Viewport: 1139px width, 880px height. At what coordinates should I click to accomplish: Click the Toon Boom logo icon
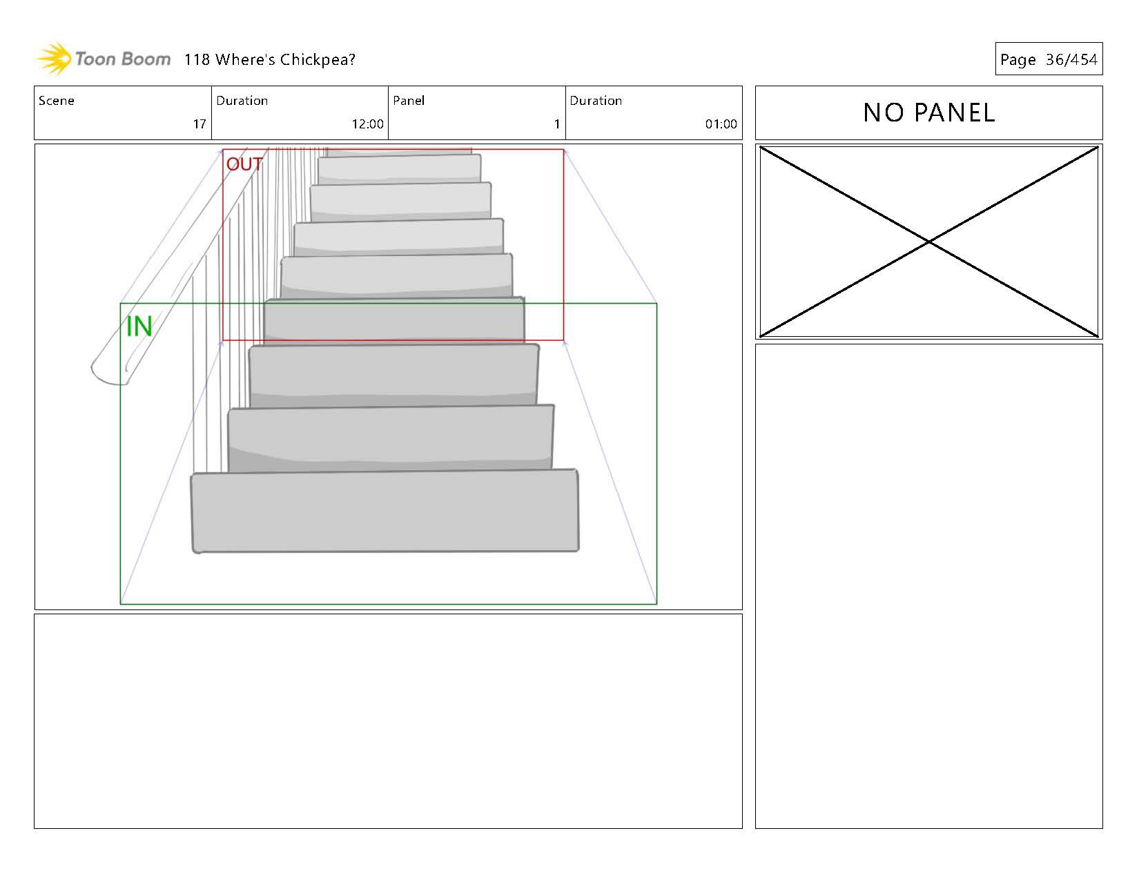pyautogui.click(x=54, y=59)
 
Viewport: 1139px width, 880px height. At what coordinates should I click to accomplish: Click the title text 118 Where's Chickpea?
pyautogui.click(x=269, y=59)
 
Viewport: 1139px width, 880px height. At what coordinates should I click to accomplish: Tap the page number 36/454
pyautogui.click(x=1071, y=59)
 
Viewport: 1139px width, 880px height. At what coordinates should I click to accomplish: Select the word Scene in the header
pyautogui.click(x=57, y=101)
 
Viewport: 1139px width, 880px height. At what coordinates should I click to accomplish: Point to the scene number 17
pyautogui.click(x=199, y=124)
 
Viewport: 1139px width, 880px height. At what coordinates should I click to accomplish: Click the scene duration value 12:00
pyautogui.click(x=367, y=124)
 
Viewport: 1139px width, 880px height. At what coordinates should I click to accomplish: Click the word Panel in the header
pyautogui.click(x=409, y=101)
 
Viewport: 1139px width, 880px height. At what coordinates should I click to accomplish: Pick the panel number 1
pyautogui.click(x=556, y=124)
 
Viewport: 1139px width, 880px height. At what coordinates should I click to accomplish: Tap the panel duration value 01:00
pyautogui.click(x=721, y=124)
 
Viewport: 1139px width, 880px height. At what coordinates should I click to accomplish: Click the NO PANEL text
pyautogui.click(x=928, y=113)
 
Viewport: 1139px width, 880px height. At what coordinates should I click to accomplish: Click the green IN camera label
pyautogui.click(x=139, y=326)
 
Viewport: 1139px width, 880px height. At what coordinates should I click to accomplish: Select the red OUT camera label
pyautogui.click(x=244, y=164)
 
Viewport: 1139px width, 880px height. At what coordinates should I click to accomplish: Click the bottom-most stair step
pyautogui.click(x=385, y=511)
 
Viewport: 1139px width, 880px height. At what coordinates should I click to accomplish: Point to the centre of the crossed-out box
pyautogui.click(x=929, y=242)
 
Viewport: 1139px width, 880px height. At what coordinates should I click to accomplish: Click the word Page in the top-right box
pyautogui.click(x=1018, y=60)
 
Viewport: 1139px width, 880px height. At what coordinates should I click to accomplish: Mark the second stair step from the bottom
pyautogui.click(x=391, y=438)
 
